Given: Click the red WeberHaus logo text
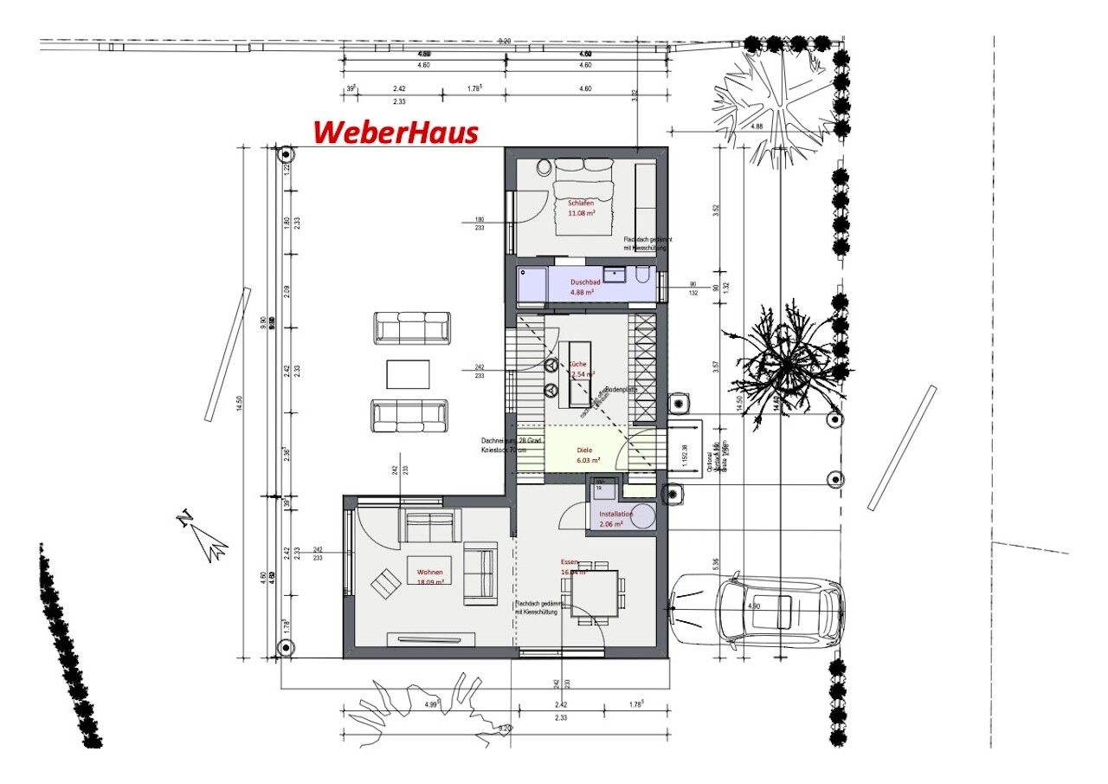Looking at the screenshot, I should (x=396, y=133).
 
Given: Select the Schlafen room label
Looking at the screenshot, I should (x=580, y=203).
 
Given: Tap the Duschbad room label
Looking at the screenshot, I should (x=585, y=282).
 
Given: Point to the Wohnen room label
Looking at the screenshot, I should (x=430, y=573).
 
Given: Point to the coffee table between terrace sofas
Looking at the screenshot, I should (x=409, y=374).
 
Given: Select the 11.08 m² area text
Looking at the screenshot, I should (x=582, y=212).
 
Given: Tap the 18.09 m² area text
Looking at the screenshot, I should (x=430, y=583).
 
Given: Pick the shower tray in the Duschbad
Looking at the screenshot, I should (x=532, y=286).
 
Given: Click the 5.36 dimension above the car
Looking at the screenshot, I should (x=715, y=564).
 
